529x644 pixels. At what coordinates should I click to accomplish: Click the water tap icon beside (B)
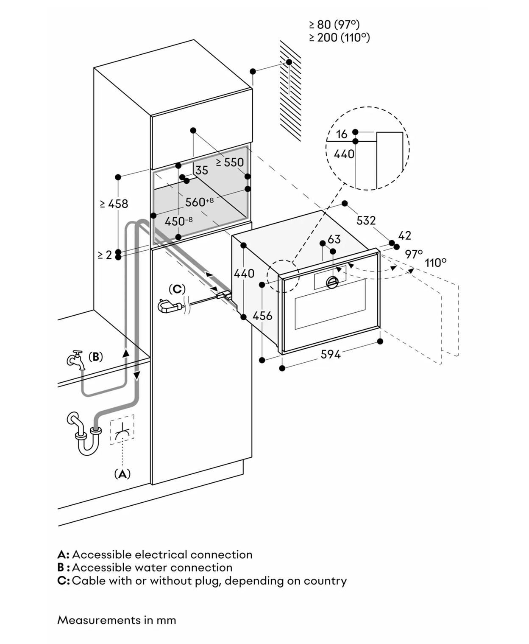[75, 360]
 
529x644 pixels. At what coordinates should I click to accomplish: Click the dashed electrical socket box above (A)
[122, 429]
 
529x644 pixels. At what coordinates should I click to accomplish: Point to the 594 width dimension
[331, 355]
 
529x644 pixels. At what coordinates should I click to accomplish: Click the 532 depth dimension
[366, 220]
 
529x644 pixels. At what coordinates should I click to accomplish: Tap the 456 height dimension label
[262, 316]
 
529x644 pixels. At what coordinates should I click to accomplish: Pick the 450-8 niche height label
[178, 221]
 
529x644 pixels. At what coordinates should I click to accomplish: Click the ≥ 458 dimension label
[114, 204]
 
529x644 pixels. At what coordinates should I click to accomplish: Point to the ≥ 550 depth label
[230, 162]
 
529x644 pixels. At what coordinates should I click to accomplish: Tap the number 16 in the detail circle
[342, 134]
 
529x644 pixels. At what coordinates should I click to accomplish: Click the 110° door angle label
[436, 263]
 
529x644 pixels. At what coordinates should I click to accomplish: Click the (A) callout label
[123, 473]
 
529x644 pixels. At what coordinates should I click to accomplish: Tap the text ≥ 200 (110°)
[340, 38]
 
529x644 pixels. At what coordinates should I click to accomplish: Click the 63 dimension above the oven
[334, 239]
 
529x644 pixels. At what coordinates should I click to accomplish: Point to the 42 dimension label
[405, 235]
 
